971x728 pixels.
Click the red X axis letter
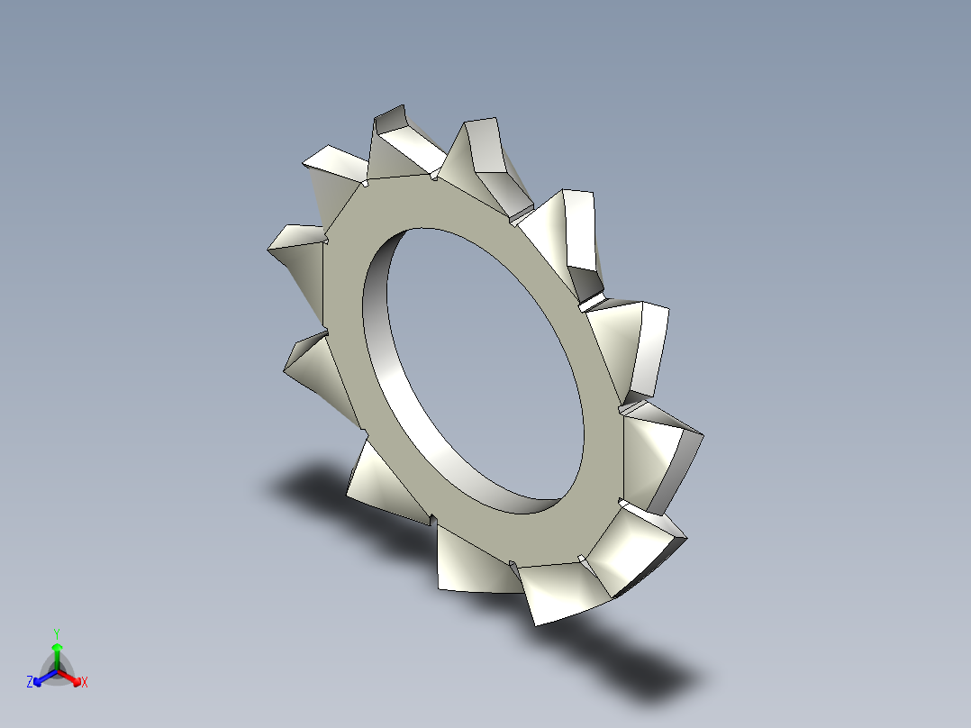coord(85,683)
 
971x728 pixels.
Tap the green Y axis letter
coord(56,633)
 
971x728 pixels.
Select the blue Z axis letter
coord(30,683)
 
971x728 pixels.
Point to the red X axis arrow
coord(72,677)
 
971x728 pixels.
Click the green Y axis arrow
coord(57,653)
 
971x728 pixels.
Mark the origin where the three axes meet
coord(57,670)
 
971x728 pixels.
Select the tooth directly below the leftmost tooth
coord(315,369)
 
